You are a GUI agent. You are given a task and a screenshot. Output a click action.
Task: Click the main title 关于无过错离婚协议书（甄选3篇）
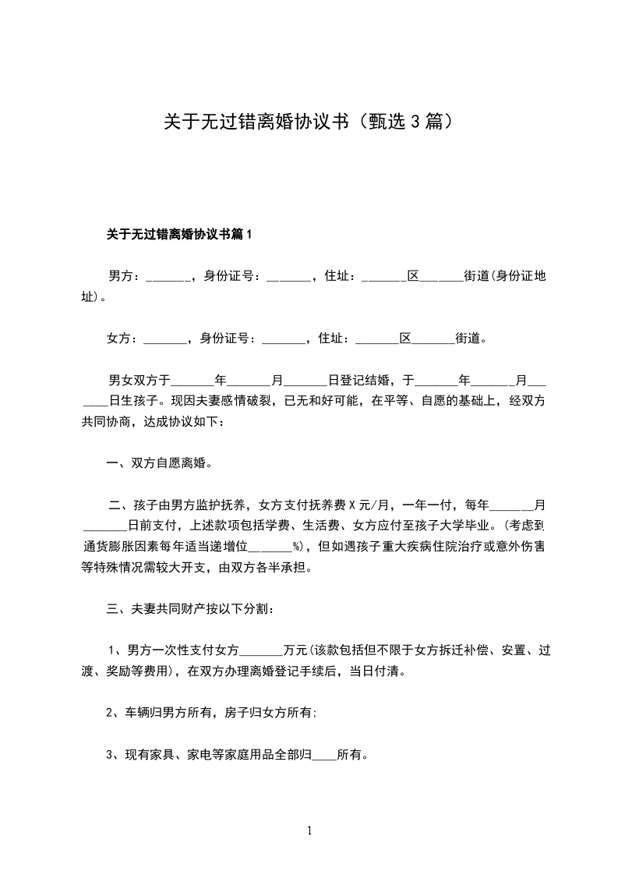(x=309, y=122)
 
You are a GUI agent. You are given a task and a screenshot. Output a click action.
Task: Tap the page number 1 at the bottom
(x=309, y=831)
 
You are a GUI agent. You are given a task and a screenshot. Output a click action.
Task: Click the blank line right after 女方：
(x=165, y=340)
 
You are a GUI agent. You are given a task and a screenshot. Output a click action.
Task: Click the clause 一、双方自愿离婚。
(x=161, y=462)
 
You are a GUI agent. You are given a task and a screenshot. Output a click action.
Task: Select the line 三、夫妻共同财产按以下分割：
(x=190, y=608)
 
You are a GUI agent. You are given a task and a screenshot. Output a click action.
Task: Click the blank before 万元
(x=263, y=650)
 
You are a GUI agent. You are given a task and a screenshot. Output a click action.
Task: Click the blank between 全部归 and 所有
(x=323, y=756)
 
